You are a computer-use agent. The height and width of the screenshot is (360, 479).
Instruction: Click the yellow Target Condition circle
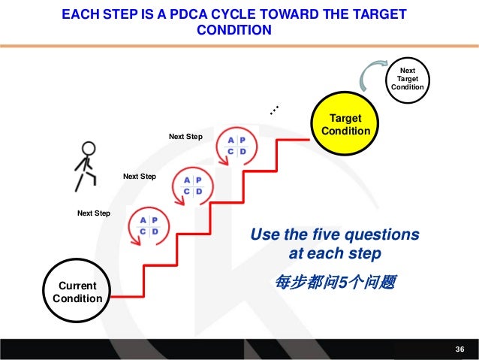(345, 125)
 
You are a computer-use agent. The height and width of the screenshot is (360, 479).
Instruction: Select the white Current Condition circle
(77, 292)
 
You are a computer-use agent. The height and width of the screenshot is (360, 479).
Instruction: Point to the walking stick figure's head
(89, 148)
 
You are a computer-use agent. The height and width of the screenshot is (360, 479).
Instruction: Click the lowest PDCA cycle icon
(149, 225)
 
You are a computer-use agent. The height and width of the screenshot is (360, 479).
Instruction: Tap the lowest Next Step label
(94, 213)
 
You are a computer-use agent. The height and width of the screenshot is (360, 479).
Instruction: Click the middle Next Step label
(139, 177)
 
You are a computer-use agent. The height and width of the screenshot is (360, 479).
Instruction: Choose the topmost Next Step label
(185, 137)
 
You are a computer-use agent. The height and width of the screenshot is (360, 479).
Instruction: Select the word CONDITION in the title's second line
(233, 32)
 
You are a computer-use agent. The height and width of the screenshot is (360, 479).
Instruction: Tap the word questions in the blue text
(384, 235)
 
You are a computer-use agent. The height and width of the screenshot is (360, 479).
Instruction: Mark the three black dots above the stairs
(275, 110)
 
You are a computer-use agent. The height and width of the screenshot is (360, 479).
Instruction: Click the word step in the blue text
(366, 253)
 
